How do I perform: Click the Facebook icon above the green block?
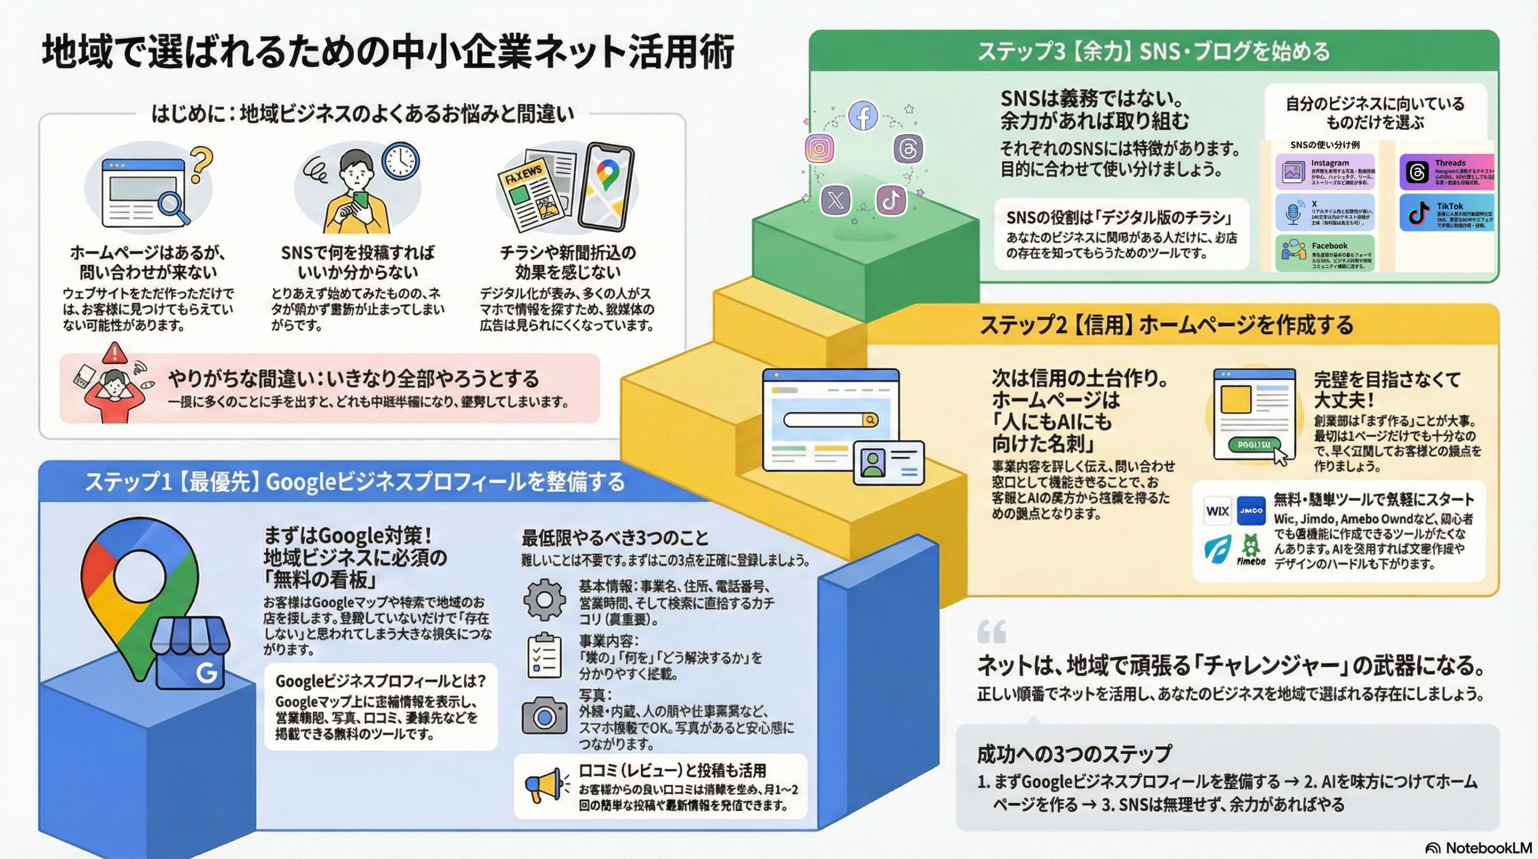point(863,116)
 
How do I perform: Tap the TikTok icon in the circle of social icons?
point(891,200)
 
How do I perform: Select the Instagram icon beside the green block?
point(819,148)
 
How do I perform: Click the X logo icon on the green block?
point(836,200)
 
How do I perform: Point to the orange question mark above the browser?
point(201,165)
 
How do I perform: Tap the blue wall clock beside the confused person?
point(400,160)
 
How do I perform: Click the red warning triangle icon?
point(114,353)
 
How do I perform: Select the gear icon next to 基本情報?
point(544,599)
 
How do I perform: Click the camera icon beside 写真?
point(544,715)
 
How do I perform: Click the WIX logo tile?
point(1217,511)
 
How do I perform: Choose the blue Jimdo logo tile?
point(1251,511)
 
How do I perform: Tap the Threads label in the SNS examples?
point(1450,163)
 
